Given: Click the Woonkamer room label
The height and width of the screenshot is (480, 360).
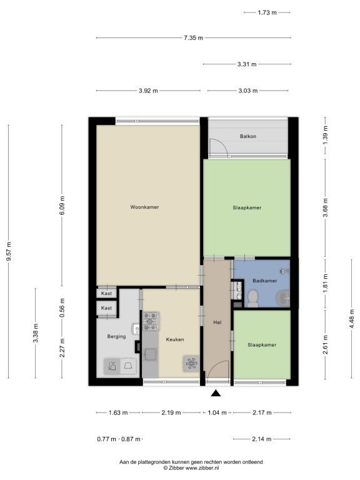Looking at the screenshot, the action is (144, 207).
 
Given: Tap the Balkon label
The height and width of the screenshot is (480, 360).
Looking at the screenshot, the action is (248, 136).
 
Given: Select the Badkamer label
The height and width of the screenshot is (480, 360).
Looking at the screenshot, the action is (265, 281).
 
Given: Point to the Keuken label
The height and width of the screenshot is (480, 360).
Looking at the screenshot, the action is (175, 339).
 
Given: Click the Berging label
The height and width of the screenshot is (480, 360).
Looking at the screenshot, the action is (116, 337).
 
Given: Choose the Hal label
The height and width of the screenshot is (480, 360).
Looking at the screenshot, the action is (217, 322).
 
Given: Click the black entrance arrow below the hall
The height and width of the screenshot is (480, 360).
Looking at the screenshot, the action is (216, 393).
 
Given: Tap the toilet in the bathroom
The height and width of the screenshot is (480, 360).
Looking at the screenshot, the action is (253, 299).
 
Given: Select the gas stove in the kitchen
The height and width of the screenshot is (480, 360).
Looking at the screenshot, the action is (150, 321).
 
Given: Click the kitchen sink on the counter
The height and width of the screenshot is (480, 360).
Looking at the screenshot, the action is (151, 354).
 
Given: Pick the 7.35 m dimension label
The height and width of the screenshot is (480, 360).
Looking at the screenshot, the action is (194, 38).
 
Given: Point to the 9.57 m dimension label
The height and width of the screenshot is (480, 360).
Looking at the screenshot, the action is (9, 251).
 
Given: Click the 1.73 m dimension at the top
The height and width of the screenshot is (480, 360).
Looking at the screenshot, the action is (267, 12).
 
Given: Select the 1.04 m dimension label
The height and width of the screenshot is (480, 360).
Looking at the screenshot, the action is (217, 412).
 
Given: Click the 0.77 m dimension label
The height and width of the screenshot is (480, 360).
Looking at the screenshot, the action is (106, 439).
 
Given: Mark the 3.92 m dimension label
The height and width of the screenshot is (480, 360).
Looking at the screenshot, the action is (148, 91).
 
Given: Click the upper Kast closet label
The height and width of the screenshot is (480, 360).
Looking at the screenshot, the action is (106, 294).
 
